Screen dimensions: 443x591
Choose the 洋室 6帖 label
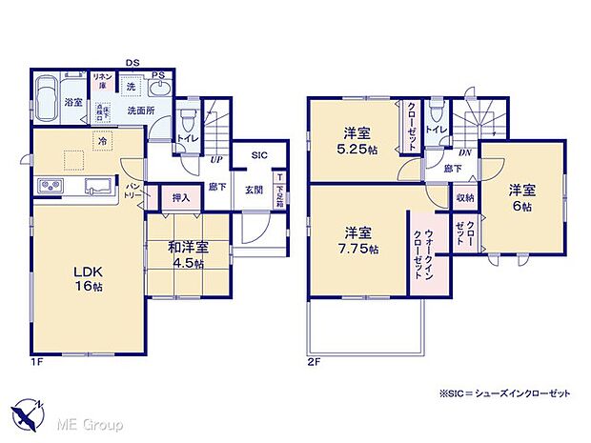click(x=520, y=196)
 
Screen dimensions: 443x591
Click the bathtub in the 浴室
click(x=47, y=98)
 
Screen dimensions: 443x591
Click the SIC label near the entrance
click(x=259, y=154)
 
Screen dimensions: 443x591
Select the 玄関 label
click(x=255, y=188)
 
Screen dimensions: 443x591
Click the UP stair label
click(x=217, y=159)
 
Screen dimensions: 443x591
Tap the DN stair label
click(x=464, y=151)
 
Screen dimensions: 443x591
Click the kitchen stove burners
click(x=50, y=184)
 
